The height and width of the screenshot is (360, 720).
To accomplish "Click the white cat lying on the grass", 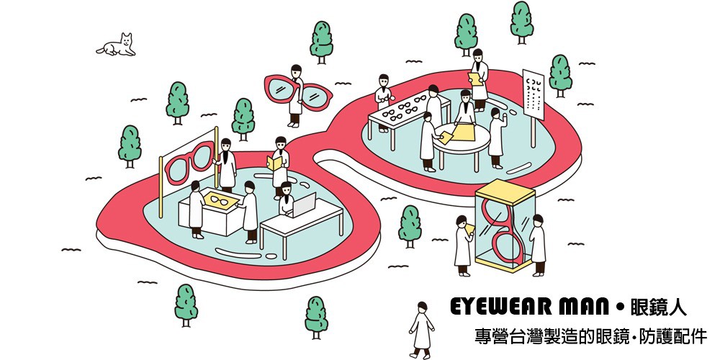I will tap(118, 46).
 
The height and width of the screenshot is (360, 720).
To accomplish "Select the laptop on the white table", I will tap(305, 205).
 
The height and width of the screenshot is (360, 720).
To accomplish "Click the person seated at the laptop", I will tap(287, 201).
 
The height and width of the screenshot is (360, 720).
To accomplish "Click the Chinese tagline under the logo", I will tap(587, 336).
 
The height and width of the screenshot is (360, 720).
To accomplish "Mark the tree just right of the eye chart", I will tap(559, 74).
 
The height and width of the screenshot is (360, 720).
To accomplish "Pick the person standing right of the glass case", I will tap(536, 240).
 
